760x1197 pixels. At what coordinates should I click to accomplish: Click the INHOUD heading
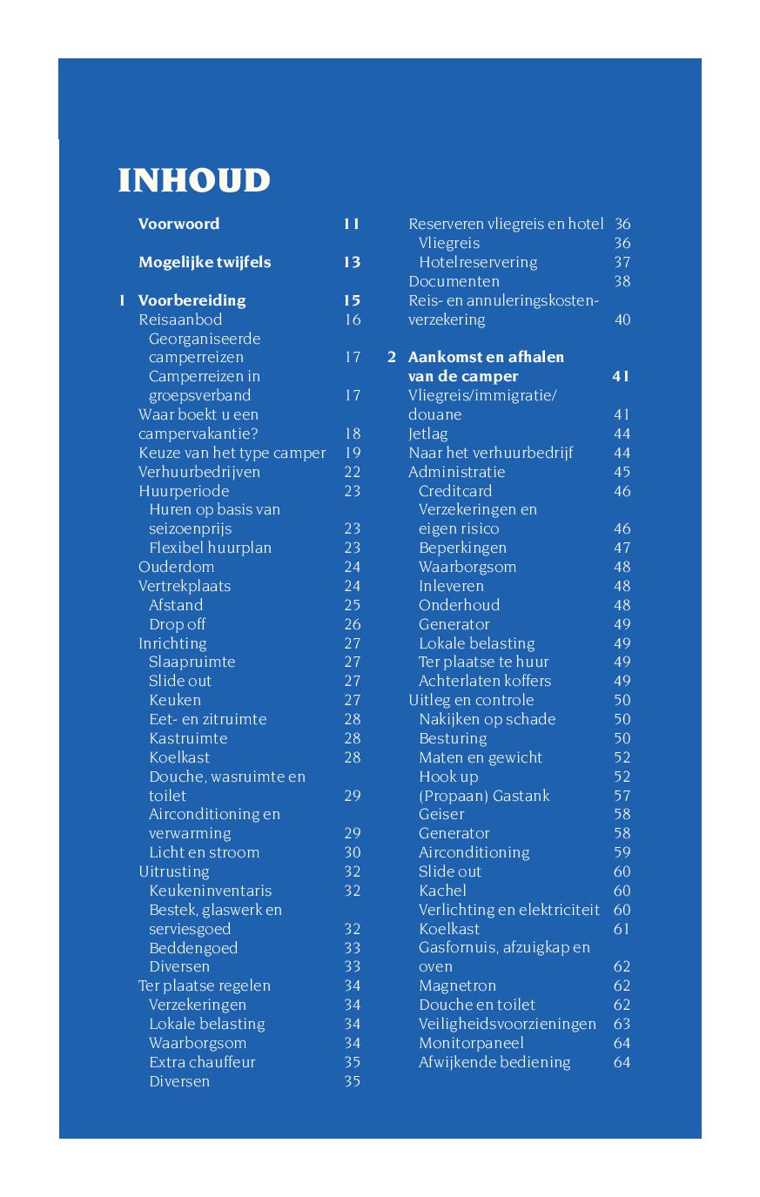point(194,180)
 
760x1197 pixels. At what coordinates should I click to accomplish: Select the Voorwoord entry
point(178,224)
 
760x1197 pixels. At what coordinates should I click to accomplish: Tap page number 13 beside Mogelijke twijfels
point(351,262)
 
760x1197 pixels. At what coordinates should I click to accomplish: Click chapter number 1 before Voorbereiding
point(123,300)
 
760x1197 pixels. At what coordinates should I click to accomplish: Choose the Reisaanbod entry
point(180,319)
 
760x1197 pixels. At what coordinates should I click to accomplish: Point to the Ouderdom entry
point(176,567)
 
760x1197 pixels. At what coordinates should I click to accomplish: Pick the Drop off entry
point(177,624)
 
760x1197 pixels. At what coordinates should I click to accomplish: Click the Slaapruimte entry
point(192,662)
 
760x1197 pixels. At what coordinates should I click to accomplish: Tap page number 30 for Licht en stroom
point(352,852)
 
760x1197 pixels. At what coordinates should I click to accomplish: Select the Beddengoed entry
point(192,948)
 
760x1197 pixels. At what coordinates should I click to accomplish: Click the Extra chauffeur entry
point(202,1062)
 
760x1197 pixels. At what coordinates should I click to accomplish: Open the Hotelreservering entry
point(478,262)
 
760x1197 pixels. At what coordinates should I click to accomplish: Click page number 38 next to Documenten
point(622,281)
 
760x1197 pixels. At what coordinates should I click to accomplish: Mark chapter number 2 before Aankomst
point(392,357)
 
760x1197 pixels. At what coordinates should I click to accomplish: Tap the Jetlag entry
point(428,434)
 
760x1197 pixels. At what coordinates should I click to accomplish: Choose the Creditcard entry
point(455,491)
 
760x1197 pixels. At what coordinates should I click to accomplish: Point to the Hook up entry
point(448,777)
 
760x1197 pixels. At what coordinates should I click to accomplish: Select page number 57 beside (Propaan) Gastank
point(622,796)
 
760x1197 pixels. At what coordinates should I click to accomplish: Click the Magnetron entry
point(457,985)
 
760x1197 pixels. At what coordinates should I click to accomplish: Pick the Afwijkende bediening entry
point(494,1062)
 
